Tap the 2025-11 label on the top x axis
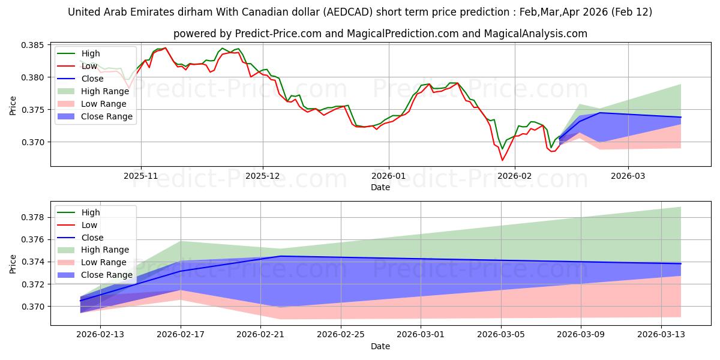[x=141, y=176]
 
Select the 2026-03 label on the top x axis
[x=628, y=176]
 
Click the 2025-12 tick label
[x=263, y=176]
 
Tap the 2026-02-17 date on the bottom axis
[x=181, y=335]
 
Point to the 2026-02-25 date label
[x=341, y=335]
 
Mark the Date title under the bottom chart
[x=380, y=346]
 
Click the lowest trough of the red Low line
[x=502, y=160]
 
